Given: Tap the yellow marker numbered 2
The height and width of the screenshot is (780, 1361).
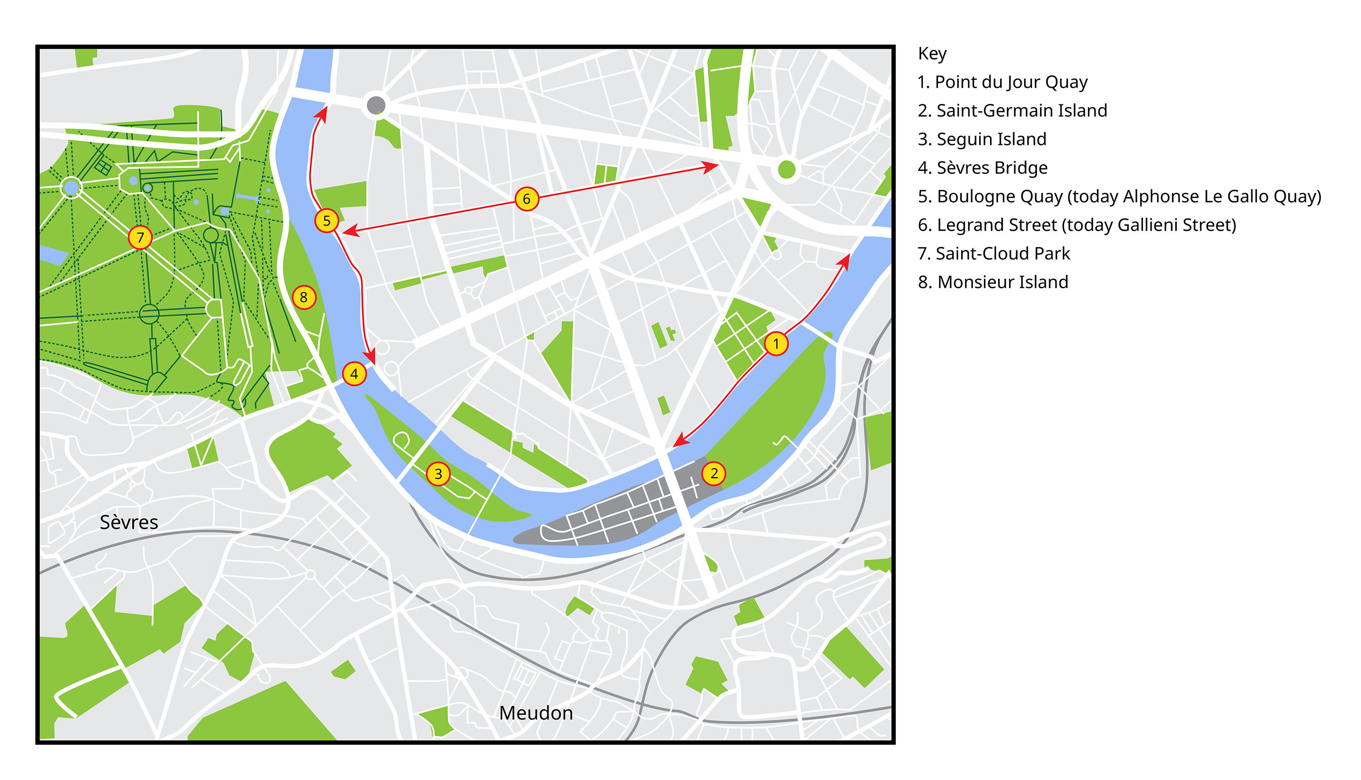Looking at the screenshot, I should point(714,473).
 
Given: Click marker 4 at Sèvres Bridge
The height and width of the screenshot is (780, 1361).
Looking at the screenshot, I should point(354,374).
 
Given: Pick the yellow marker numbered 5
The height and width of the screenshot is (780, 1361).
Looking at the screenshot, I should point(327,221).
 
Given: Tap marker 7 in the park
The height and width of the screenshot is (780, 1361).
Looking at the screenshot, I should point(140,237).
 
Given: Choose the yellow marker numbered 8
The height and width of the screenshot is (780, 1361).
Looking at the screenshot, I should point(304,297).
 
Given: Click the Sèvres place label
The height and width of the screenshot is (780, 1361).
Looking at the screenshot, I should point(129,523).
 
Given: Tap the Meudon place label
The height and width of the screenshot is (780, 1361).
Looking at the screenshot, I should point(536,713).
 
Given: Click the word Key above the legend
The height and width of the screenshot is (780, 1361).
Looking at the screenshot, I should point(932,53).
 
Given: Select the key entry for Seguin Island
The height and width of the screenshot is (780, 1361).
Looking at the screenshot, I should point(982,139).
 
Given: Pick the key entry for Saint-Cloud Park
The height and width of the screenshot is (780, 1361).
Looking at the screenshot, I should point(993,253).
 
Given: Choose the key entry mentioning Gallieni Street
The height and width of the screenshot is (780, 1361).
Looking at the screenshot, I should point(1077,225).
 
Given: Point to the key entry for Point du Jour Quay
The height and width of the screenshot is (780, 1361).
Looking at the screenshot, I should point(1002,82).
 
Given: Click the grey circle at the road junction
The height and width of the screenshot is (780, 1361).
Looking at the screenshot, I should point(376,104).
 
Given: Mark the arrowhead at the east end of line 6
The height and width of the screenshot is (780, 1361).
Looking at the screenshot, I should point(713,167).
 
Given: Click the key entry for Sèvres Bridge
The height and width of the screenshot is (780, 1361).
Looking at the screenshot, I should point(982,168).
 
